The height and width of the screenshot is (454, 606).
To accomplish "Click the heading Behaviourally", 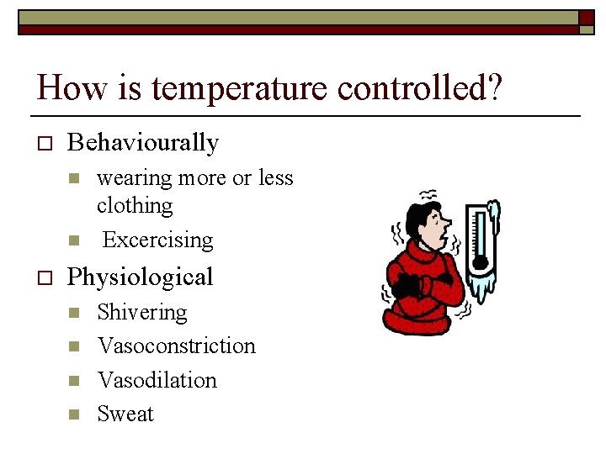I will (x=142, y=143).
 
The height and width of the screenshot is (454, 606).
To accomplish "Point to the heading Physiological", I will (x=140, y=277).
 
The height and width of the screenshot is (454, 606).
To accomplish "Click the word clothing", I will (x=135, y=205).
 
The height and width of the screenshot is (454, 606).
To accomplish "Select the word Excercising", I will (x=157, y=240).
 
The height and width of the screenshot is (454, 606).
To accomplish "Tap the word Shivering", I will (x=141, y=312).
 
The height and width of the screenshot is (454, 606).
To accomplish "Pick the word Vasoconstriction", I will (x=176, y=346).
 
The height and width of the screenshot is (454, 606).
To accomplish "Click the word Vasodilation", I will (x=157, y=380).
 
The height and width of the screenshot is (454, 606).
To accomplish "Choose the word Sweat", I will (x=125, y=414).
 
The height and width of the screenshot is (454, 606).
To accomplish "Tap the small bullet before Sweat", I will (x=73, y=414).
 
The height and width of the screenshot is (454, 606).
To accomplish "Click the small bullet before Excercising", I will (x=73, y=240).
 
